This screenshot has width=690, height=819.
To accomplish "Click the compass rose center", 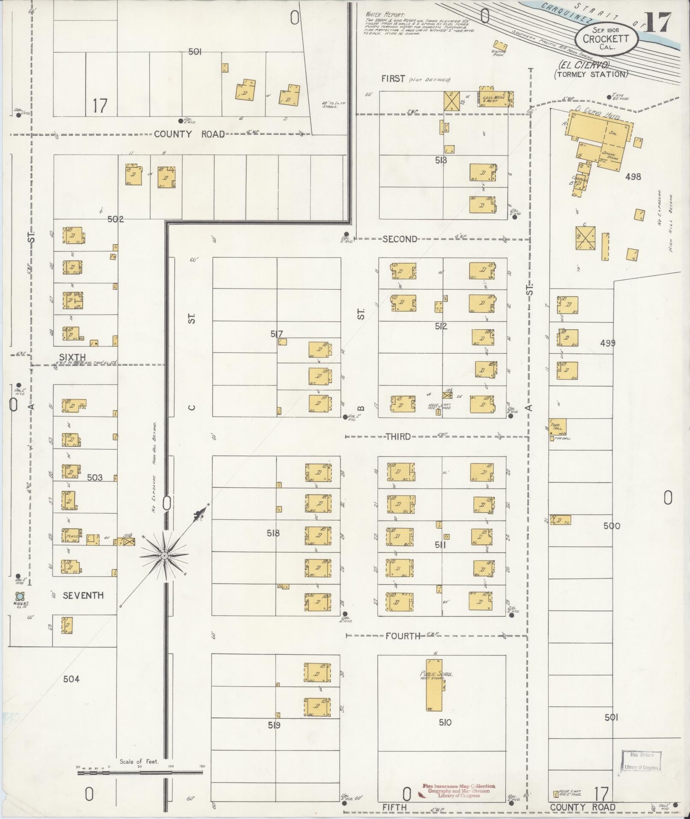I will [164, 556].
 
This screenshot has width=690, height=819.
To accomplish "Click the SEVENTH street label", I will [83, 595].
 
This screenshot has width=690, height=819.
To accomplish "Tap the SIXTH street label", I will [72, 357].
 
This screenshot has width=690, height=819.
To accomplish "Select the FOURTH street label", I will [403, 636].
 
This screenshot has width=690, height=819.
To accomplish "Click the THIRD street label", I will [398, 437].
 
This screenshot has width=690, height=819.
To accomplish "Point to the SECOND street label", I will [400, 239].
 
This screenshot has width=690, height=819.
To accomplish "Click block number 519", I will [274, 725].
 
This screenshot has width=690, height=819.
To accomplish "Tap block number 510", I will [445, 722].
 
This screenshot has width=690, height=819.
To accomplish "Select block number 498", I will [633, 176].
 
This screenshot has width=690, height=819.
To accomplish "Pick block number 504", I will [71, 679].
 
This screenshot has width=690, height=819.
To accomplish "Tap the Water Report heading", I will [385, 15].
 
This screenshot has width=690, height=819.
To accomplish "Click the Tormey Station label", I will [592, 74].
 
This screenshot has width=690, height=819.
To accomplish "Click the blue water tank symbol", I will [19, 596].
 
